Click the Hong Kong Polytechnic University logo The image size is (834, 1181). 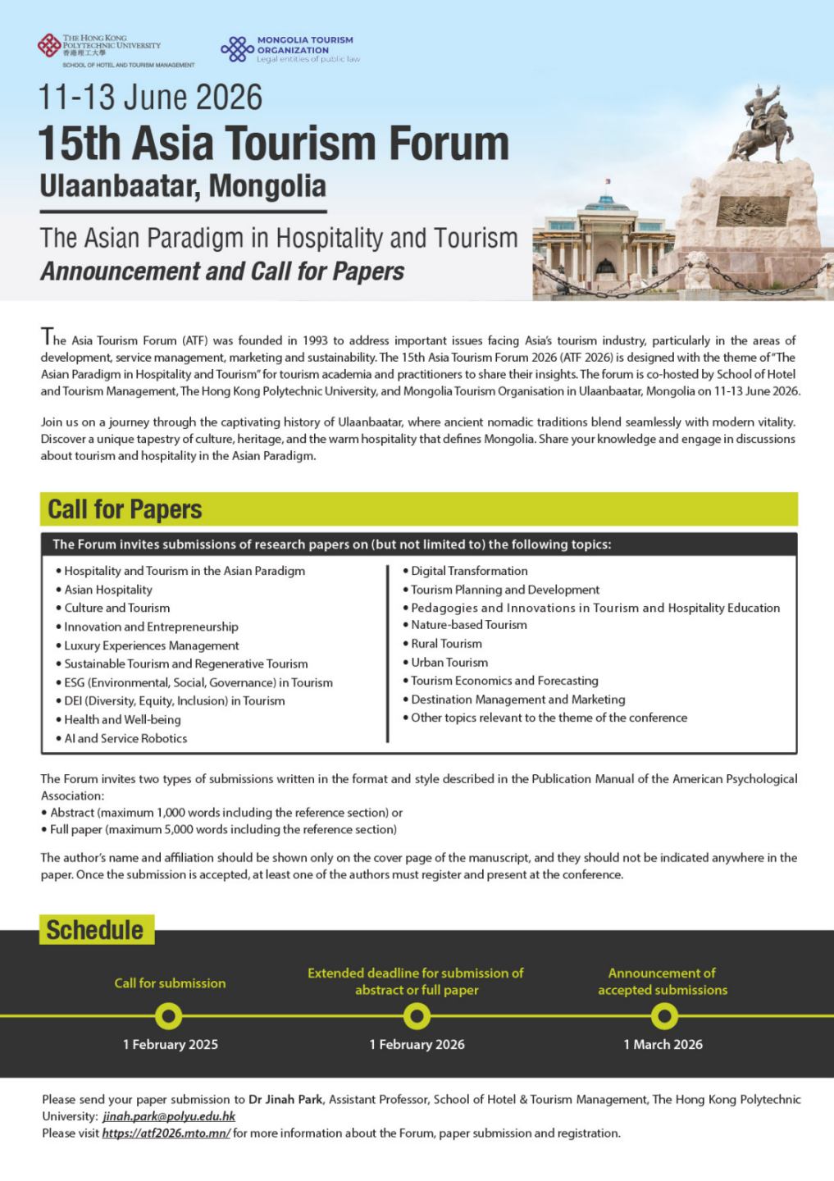(49, 46)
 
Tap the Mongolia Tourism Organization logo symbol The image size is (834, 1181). (236, 49)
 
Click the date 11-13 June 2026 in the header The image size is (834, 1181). (151, 98)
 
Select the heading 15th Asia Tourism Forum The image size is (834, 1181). (274, 143)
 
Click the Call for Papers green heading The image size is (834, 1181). (125, 509)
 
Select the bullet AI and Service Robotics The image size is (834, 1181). (125, 738)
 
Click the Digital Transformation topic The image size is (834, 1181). (469, 571)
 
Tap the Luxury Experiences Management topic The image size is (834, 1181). (152, 645)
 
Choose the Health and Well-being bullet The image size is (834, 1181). (122, 719)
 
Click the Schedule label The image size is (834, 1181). (95, 930)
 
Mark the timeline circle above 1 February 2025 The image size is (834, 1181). (169, 1017)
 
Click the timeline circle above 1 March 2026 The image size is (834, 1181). (663, 1017)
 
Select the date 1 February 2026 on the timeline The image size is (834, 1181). (417, 1044)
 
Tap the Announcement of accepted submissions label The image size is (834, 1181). (663, 982)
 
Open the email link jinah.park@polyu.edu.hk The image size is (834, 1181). (169, 1116)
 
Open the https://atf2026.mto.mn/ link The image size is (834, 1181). (166, 1133)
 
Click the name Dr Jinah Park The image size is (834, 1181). (285, 1099)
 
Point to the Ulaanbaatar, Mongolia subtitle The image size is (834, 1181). (183, 186)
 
